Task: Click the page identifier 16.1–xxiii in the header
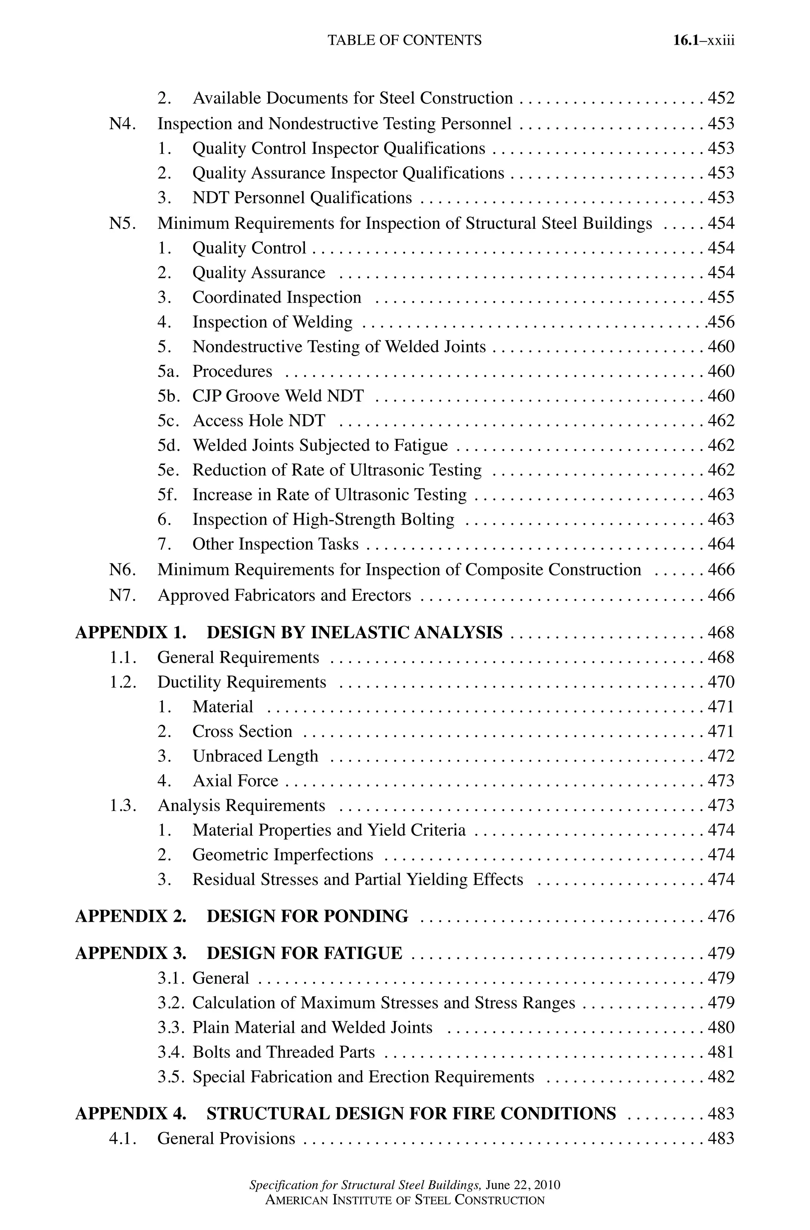pyautogui.click(x=703, y=40)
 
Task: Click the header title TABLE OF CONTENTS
pyautogui.click(x=405, y=40)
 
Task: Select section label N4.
pyautogui.click(x=123, y=124)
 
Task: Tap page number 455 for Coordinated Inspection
pyautogui.click(x=721, y=298)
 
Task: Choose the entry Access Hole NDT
pyautogui.click(x=259, y=421)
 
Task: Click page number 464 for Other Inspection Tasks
pyautogui.click(x=721, y=544)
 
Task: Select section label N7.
pyautogui.click(x=123, y=595)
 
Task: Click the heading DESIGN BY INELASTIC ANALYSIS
pyautogui.click(x=354, y=632)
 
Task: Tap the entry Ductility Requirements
pyautogui.click(x=242, y=682)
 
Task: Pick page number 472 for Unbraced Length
pyautogui.click(x=721, y=756)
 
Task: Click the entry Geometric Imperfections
pyautogui.click(x=282, y=855)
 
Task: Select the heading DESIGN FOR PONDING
pyautogui.click(x=307, y=916)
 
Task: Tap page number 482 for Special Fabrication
pyautogui.click(x=721, y=1077)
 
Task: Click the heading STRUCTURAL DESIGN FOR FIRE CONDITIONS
pyautogui.click(x=411, y=1113)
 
